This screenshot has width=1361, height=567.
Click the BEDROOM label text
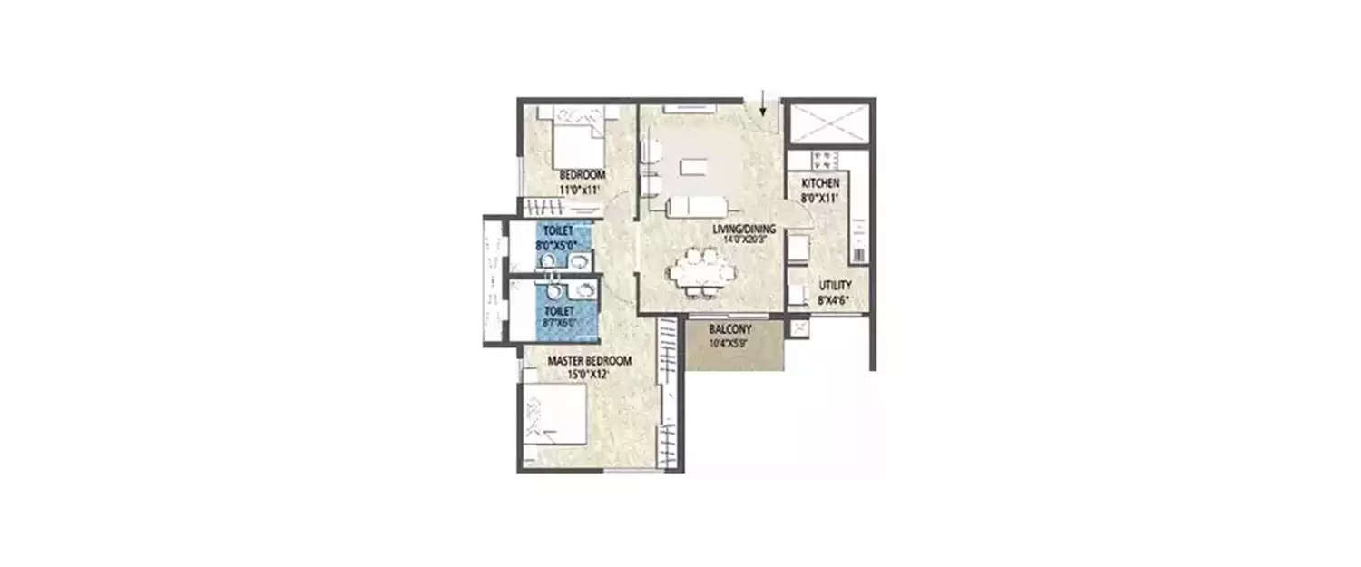click(582, 175)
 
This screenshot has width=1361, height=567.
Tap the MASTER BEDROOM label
click(590, 361)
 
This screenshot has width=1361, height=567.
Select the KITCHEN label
click(813, 184)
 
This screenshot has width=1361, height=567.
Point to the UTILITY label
click(835, 285)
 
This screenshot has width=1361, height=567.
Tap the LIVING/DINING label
click(743, 229)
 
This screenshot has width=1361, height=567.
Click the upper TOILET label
click(558, 232)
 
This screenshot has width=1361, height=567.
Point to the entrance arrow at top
click(763, 102)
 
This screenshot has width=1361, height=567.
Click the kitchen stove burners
click(827, 161)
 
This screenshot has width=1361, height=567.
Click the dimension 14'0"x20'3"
click(744, 240)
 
